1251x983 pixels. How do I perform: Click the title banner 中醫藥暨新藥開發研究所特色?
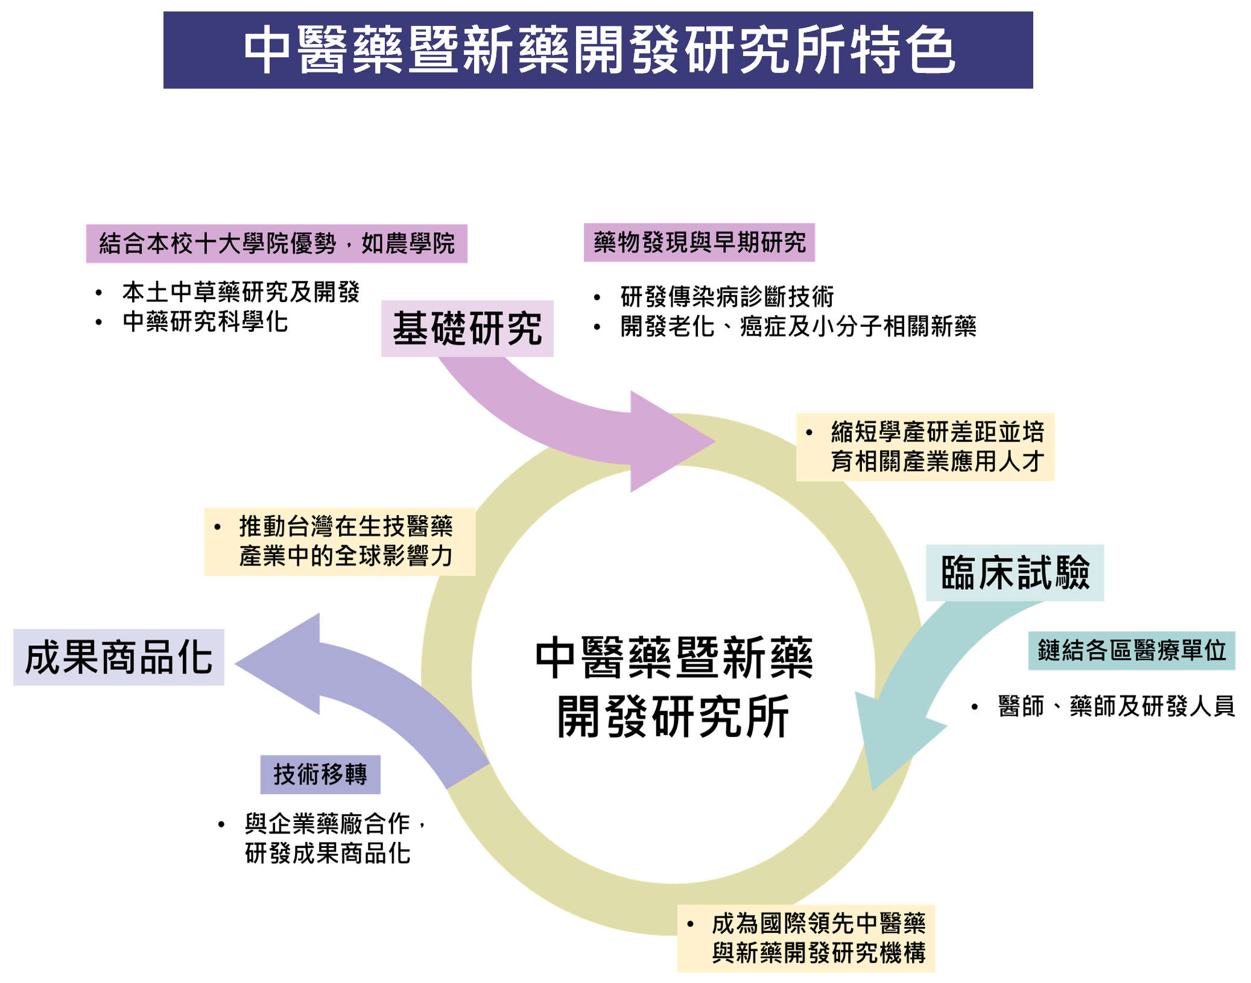[x=598, y=50]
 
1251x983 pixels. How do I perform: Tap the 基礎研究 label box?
[x=467, y=329]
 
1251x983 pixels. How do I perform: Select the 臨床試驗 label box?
[x=1015, y=573]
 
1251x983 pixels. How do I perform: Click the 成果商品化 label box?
[x=119, y=657]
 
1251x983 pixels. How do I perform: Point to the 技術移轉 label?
[x=320, y=774]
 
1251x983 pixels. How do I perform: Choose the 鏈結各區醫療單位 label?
[x=1132, y=651]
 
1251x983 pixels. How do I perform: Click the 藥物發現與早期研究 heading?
[x=699, y=242]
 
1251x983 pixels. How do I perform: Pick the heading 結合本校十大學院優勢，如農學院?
[x=276, y=244]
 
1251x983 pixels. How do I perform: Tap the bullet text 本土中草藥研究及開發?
[x=241, y=292]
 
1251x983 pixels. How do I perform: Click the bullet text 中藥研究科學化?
[x=205, y=321]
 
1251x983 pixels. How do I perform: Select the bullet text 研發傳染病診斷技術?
[x=727, y=297]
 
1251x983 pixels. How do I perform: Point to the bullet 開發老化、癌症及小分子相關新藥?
[x=798, y=326]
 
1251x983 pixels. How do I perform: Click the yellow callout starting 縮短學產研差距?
[x=925, y=447]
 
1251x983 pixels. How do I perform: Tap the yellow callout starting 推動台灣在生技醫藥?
[x=340, y=542]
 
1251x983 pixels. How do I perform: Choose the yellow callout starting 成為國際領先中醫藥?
[x=806, y=938]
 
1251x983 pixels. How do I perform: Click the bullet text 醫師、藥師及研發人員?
[x=1116, y=706]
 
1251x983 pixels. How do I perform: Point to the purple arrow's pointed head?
[x=235, y=664]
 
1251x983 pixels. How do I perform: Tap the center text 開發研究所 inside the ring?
[x=673, y=716]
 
